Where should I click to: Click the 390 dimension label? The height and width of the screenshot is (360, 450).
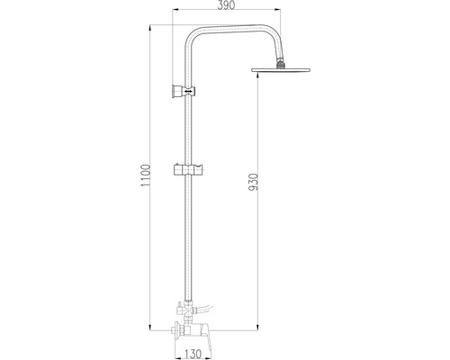pos(226,5)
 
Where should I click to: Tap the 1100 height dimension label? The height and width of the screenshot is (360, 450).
pos(146,175)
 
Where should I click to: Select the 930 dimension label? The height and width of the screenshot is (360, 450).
pos(254,182)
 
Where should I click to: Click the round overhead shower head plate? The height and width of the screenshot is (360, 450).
pos(281,70)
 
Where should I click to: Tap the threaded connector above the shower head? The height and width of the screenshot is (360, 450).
pos(281,64)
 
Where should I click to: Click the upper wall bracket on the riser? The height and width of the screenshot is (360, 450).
pos(184,91)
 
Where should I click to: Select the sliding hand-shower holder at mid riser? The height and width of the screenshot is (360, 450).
pos(188,170)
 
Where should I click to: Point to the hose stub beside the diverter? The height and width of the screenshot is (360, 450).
pos(204,308)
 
